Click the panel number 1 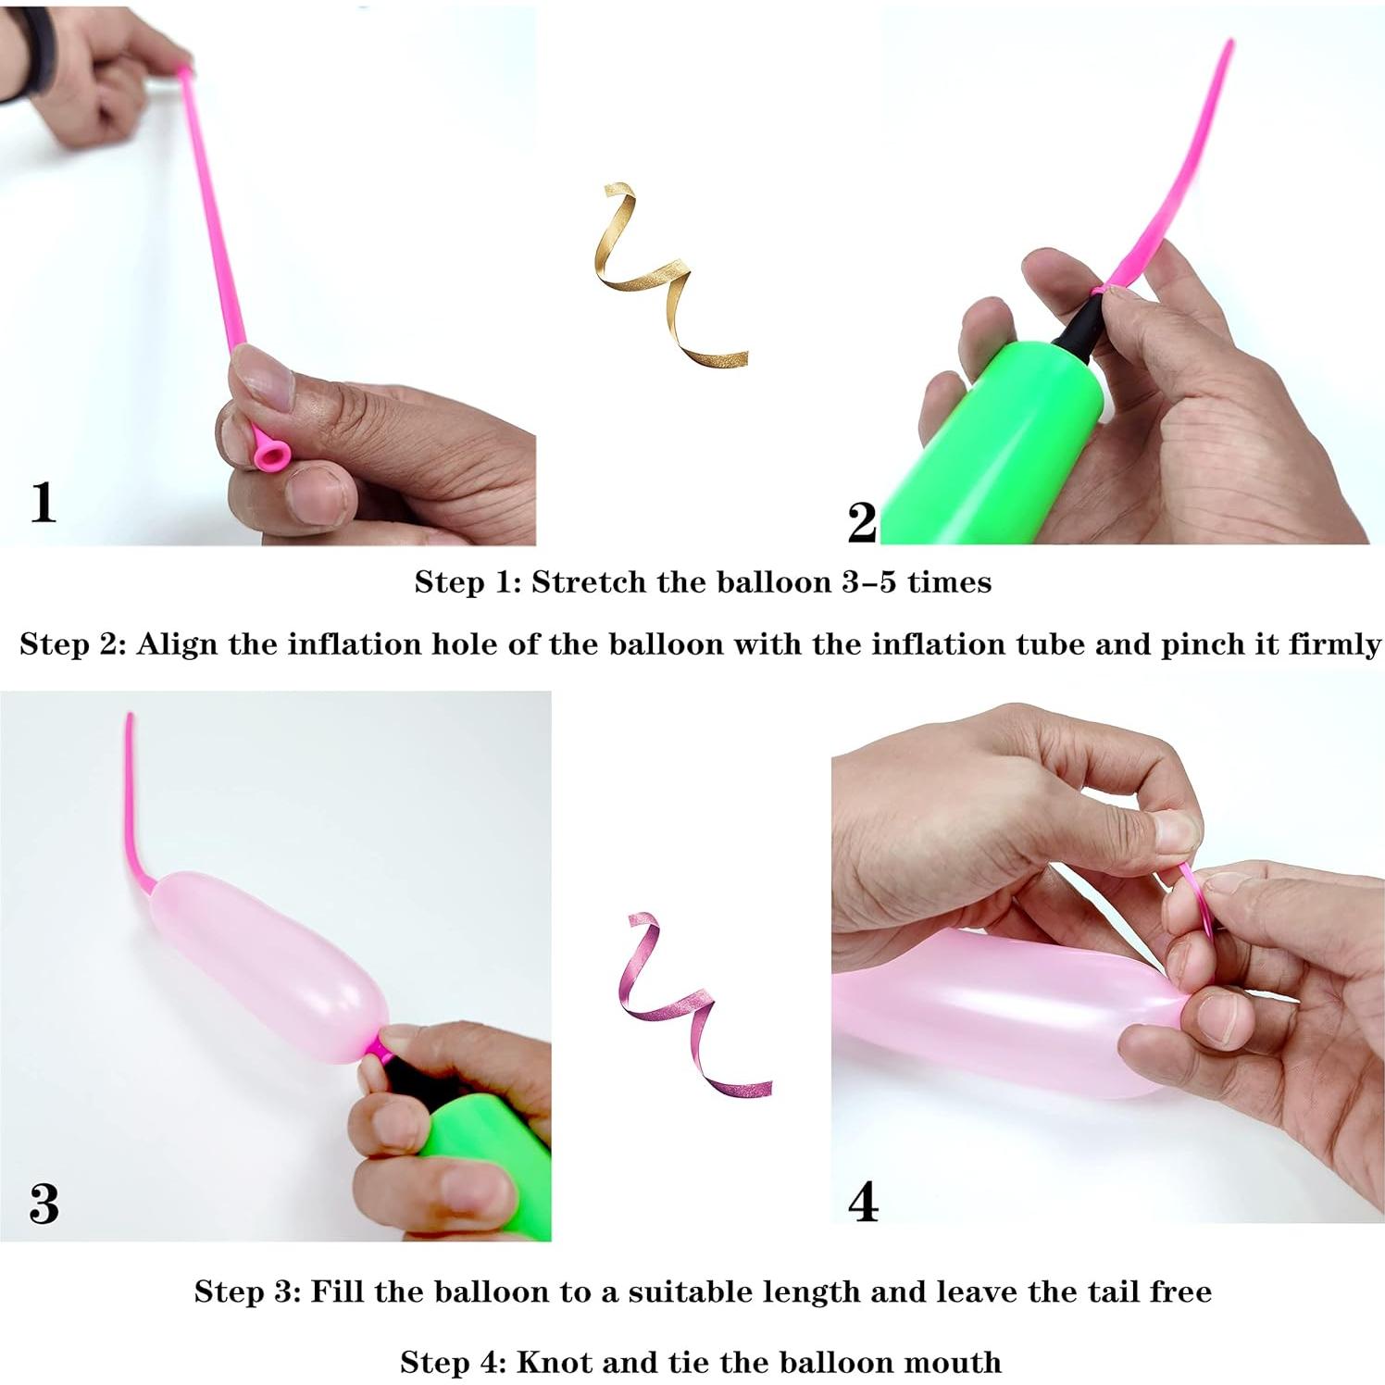click(43, 503)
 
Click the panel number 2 click(861, 523)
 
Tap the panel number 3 click(44, 1204)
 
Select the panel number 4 click(863, 1202)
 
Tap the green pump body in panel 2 click(991, 444)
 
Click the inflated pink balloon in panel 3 click(268, 963)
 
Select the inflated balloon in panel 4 click(1000, 1009)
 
